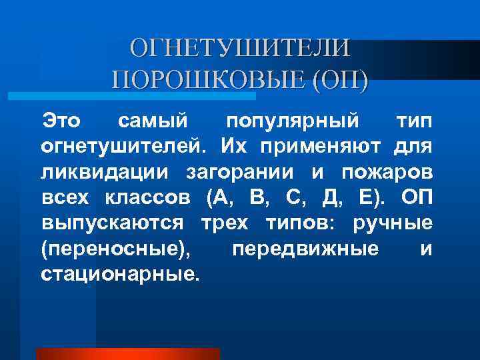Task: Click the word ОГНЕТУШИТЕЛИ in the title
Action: pyautogui.click(x=240, y=48)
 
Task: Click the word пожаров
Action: pyautogui.click(x=387, y=173)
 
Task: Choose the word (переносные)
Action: pyautogui.click(x=115, y=249)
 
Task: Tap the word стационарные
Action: pyautogui.click(x=119, y=274)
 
